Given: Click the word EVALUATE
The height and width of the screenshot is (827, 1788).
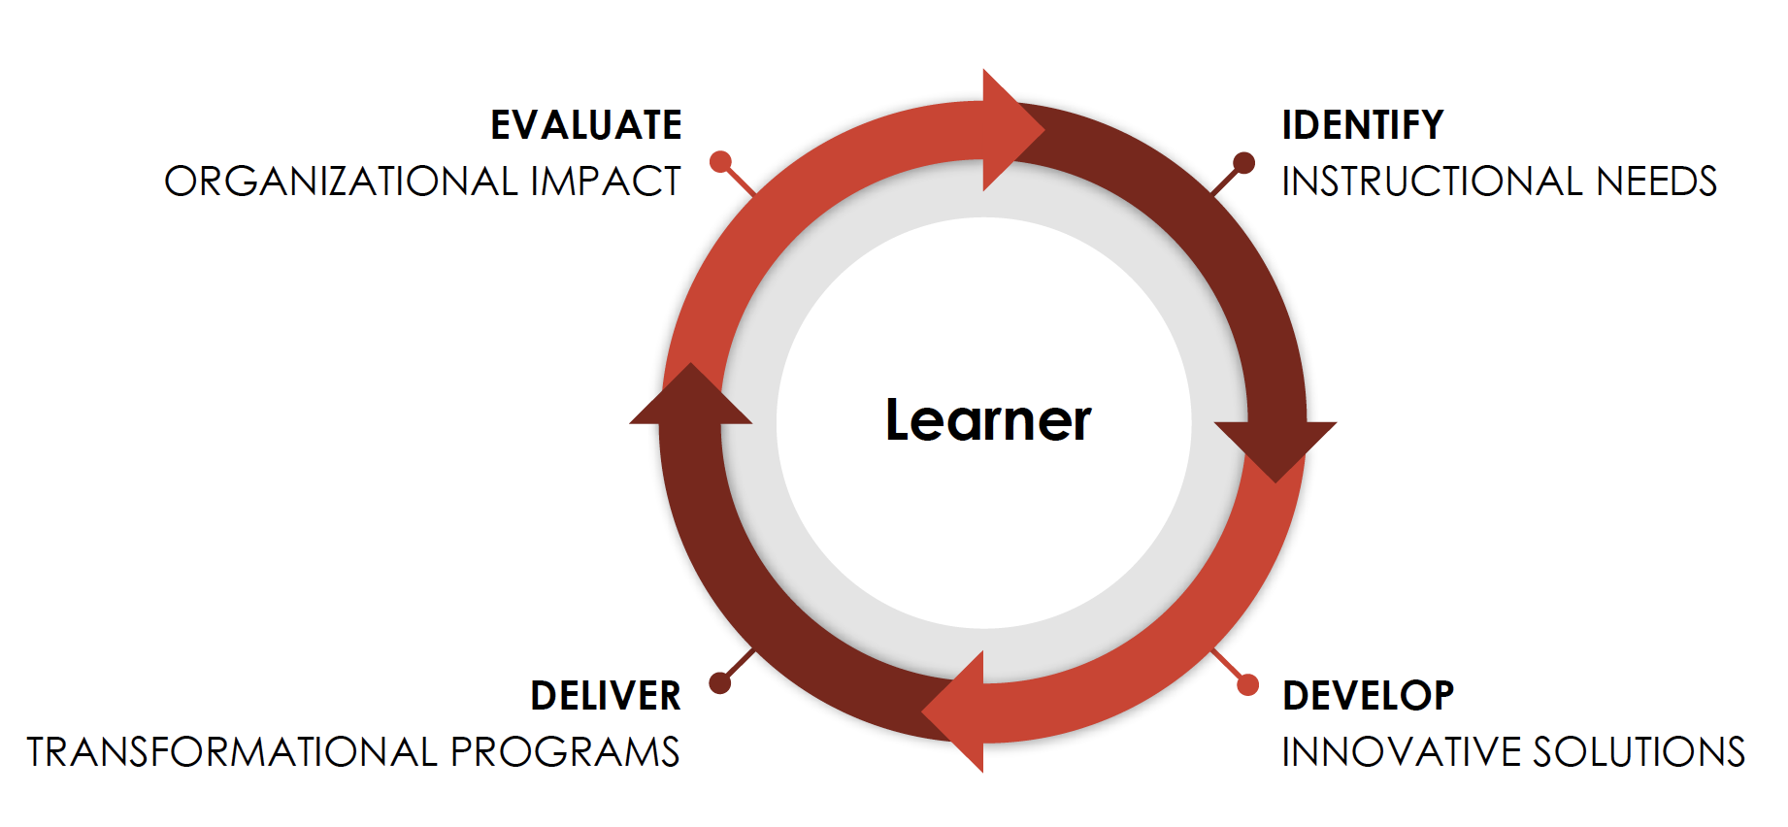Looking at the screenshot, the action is (x=586, y=125).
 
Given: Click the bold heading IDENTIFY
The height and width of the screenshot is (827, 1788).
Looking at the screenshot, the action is (x=1363, y=125).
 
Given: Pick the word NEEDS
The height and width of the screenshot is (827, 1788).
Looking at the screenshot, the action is (x=1657, y=182).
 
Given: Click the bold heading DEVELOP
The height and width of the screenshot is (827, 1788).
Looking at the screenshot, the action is (x=1368, y=696).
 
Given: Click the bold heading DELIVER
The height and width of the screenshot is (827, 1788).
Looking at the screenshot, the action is (x=606, y=696).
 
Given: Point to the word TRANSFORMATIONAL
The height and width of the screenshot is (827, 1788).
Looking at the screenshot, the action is (x=232, y=752).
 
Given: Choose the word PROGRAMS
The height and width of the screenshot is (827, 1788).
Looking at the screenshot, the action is (x=565, y=752).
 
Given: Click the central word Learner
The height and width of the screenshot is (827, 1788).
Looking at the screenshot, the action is (x=988, y=420).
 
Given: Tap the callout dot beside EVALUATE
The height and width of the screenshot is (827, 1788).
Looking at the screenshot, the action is (x=720, y=161).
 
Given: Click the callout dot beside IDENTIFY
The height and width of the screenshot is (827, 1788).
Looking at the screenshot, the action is (x=1243, y=162).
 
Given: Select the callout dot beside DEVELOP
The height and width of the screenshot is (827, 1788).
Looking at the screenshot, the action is (x=1247, y=684).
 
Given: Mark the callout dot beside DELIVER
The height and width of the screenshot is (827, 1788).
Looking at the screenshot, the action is (x=719, y=683).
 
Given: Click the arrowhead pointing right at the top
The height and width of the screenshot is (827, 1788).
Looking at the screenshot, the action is (x=1010, y=130).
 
